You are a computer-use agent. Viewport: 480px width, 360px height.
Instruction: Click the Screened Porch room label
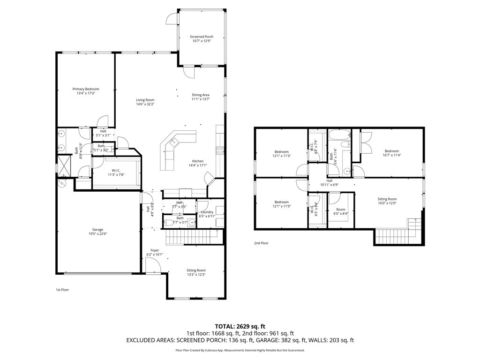click(x=201, y=37)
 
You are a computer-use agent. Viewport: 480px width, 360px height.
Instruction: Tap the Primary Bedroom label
click(x=85, y=89)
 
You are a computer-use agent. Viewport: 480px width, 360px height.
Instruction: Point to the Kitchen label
click(x=196, y=161)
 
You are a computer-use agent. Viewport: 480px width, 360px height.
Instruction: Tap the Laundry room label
click(x=207, y=211)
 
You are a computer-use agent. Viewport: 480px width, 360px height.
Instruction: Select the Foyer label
click(x=155, y=250)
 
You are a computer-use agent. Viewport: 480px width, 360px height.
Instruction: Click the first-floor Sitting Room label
click(x=196, y=270)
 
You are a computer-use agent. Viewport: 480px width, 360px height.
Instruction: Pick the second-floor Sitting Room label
click(x=387, y=199)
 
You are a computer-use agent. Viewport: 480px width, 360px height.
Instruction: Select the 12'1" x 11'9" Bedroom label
click(x=281, y=205)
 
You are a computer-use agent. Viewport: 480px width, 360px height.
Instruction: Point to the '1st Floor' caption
click(x=62, y=290)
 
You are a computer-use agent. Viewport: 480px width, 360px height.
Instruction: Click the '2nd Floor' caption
click(x=261, y=243)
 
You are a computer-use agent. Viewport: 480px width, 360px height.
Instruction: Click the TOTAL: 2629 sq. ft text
click(x=240, y=326)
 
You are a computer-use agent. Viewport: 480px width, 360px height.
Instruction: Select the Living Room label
click(x=145, y=100)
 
